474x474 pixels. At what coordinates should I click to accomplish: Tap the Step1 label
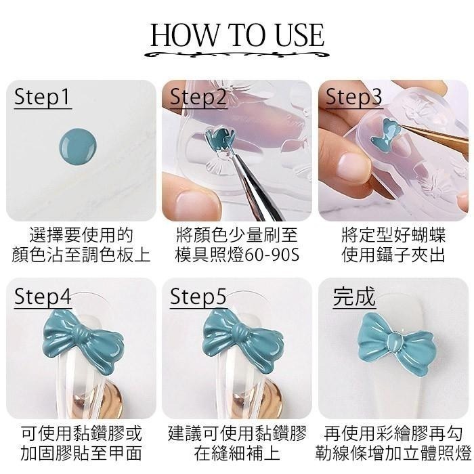tap(43, 98)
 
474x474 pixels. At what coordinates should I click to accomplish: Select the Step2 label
tap(198, 98)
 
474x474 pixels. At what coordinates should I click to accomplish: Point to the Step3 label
tap(353, 98)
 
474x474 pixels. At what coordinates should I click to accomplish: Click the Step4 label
tap(43, 297)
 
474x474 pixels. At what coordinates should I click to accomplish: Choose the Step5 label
tap(198, 297)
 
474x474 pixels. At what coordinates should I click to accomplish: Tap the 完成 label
tap(353, 297)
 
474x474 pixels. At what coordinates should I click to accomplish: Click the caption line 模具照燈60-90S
tap(237, 255)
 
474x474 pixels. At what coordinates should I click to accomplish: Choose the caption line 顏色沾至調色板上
tap(81, 255)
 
